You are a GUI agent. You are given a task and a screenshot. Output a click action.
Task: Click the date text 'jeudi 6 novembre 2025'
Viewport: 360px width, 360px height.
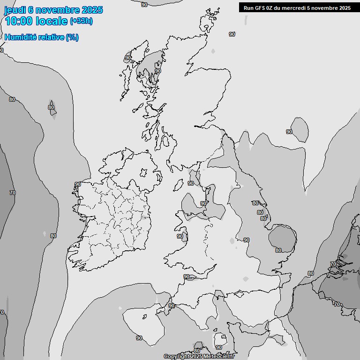[x=53, y=10]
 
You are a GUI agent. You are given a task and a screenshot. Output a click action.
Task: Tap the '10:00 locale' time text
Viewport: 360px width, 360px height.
[x=36, y=22]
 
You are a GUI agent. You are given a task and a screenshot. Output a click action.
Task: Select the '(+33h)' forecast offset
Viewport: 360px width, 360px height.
[x=81, y=21]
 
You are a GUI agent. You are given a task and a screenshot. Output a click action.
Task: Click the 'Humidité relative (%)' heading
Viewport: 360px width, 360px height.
[x=41, y=37]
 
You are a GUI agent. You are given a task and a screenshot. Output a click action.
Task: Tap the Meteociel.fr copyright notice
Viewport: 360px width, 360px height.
[x=199, y=357]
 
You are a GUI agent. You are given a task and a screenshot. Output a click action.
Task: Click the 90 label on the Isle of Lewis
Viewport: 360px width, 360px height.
[x=127, y=58]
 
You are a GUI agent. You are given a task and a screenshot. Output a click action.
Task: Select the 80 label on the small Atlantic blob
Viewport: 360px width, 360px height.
[x=51, y=107]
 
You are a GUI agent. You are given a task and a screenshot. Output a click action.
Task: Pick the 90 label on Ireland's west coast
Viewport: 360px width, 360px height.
[x=78, y=185]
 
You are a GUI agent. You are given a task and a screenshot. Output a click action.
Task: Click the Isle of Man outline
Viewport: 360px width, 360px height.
[x=179, y=185]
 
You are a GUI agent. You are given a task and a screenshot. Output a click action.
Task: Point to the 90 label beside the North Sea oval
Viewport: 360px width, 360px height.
[x=289, y=132]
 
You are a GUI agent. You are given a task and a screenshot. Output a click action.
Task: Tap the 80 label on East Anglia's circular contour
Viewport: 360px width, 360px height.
[x=278, y=250]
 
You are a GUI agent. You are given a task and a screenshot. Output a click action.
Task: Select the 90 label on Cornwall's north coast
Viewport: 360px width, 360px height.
[x=187, y=277]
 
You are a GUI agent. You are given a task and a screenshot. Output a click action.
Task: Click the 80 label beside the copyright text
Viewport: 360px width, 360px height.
[x=197, y=351]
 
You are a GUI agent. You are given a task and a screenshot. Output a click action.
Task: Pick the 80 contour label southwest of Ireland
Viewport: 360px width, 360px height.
[x=53, y=236]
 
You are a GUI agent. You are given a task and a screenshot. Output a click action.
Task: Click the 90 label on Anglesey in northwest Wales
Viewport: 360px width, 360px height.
[x=180, y=236]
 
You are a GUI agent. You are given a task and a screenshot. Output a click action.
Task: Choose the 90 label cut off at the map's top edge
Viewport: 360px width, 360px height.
[x=144, y=5]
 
